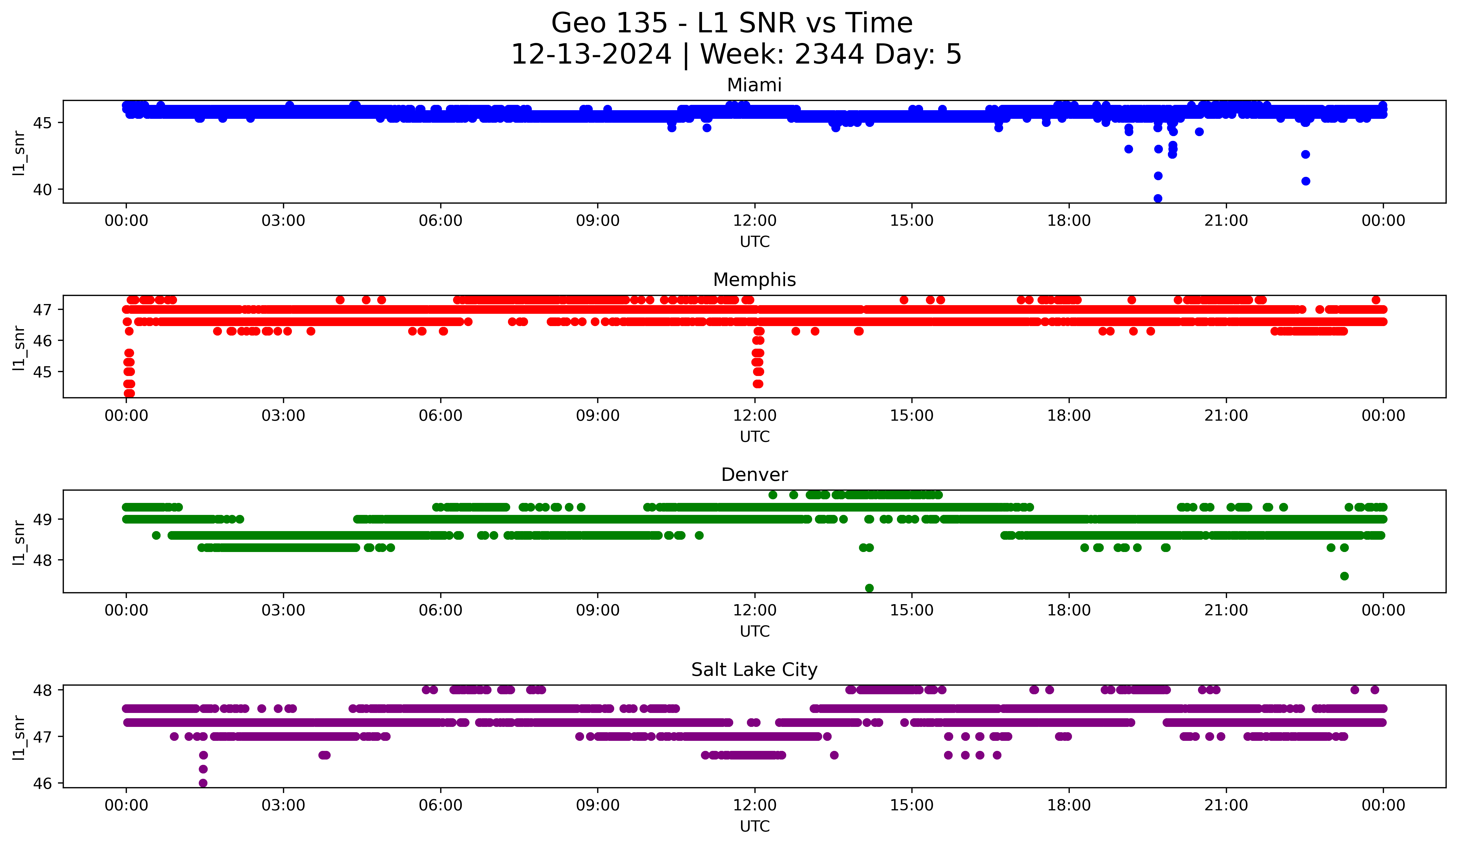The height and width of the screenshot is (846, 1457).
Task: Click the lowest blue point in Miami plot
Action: pyautogui.click(x=1158, y=198)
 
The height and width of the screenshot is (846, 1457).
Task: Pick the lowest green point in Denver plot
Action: pyautogui.click(x=869, y=588)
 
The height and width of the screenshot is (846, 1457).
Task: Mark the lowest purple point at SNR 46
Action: pyautogui.click(x=203, y=783)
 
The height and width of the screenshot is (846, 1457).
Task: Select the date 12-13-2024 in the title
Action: pyautogui.click(x=591, y=54)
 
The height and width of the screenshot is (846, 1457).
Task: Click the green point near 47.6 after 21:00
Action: pyautogui.click(x=1344, y=576)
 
